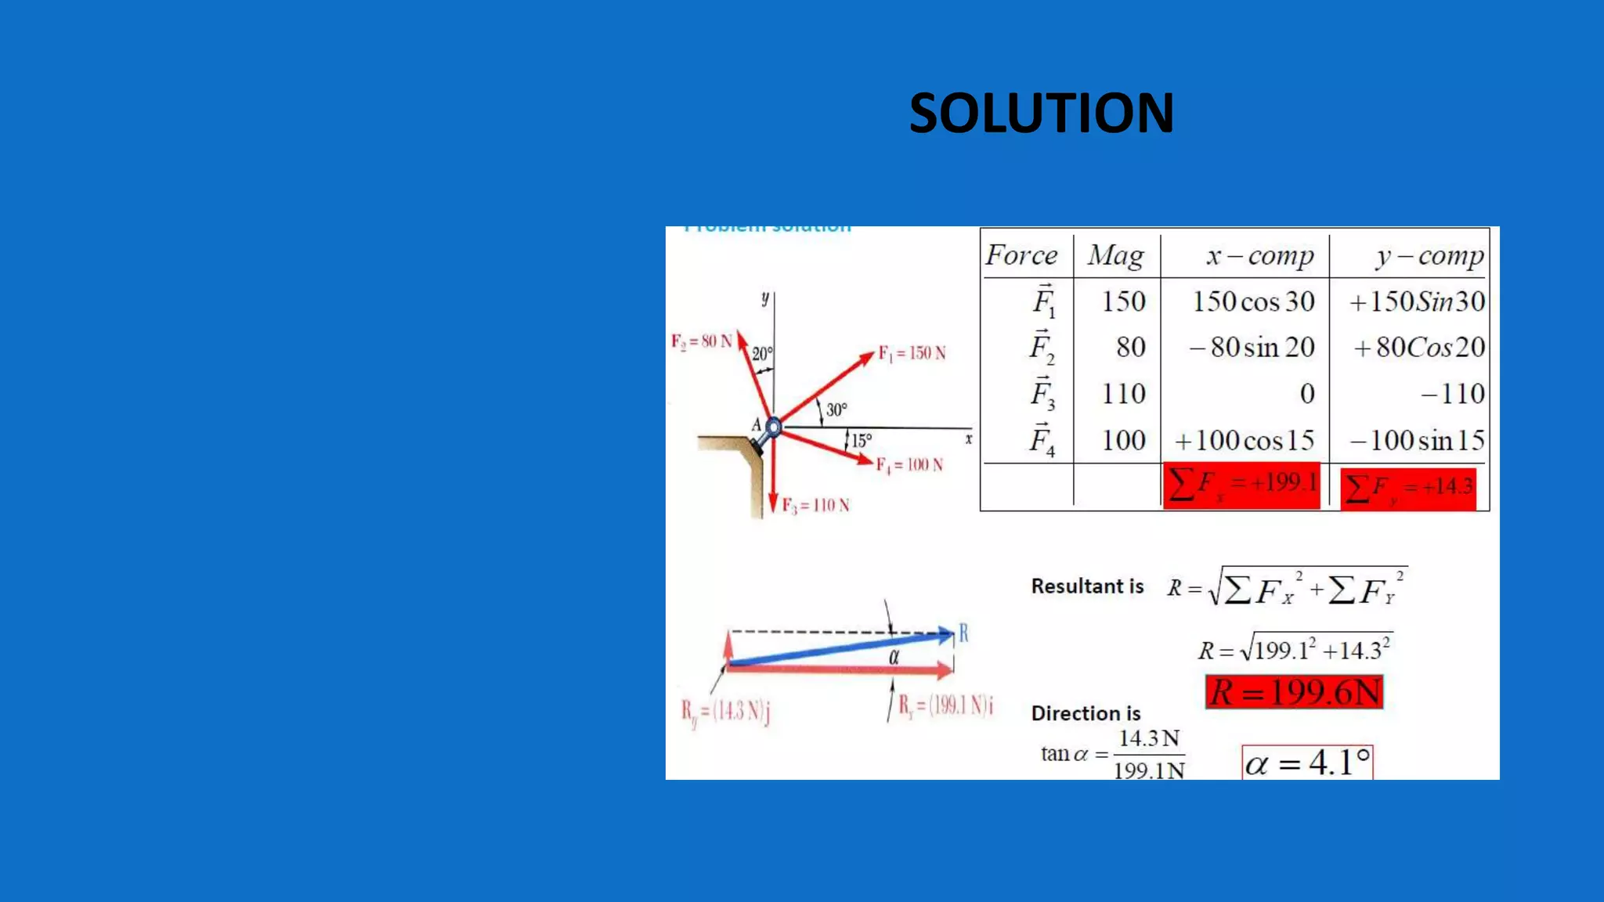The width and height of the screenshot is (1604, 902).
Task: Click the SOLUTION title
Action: (x=1041, y=114)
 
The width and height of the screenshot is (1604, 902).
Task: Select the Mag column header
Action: (x=1115, y=255)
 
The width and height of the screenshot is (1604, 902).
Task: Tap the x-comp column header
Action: (x=1259, y=255)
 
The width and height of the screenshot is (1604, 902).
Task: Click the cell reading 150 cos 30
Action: (x=1253, y=301)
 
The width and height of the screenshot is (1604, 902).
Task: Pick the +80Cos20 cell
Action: (x=1418, y=347)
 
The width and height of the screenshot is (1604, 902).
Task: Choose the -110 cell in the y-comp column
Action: (x=1453, y=393)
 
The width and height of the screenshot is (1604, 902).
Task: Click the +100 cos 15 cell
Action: (x=1245, y=440)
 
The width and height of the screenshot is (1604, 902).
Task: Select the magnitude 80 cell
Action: (x=1130, y=347)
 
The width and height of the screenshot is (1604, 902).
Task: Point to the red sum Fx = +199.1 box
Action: (x=1241, y=485)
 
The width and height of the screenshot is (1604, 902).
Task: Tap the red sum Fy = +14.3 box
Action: (x=1408, y=489)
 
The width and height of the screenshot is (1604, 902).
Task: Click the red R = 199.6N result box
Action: (x=1295, y=692)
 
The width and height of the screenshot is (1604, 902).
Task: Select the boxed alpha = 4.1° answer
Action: (x=1307, y=763)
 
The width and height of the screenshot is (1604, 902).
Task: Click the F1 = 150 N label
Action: (x=912, y=353)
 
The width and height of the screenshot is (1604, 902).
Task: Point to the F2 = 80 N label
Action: (x=701, y=341)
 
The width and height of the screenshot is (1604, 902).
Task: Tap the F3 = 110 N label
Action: (x=815, y=506)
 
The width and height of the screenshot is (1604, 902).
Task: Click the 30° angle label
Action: (x=836, y=410)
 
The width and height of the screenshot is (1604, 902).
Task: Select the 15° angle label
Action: (x=862, y=441)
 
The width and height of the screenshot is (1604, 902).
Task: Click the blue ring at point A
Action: (x=773, y=428)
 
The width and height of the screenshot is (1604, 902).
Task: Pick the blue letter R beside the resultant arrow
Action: (x=963, y=633)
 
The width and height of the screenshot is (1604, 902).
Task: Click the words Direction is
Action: (x=1086, y=713)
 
